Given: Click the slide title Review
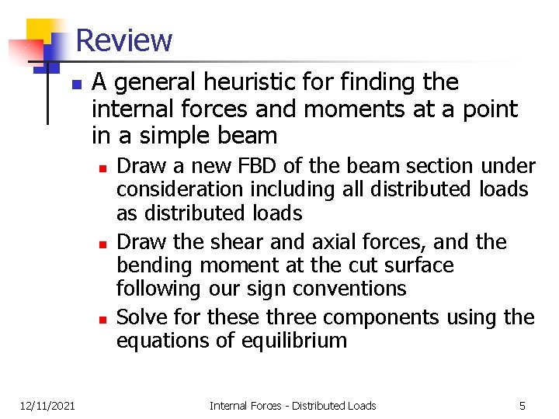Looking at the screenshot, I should pyautogui.click(x=124, y=40).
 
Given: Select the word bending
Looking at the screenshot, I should pyautogui.click(x=154, y=265).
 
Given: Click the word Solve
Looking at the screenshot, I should pyautogui.click(x=139, y=317).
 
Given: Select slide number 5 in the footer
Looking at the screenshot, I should pyautogui.click(x=523, y=405).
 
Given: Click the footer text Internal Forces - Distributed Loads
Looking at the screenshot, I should pyautogui.click(x=293, y=405).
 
